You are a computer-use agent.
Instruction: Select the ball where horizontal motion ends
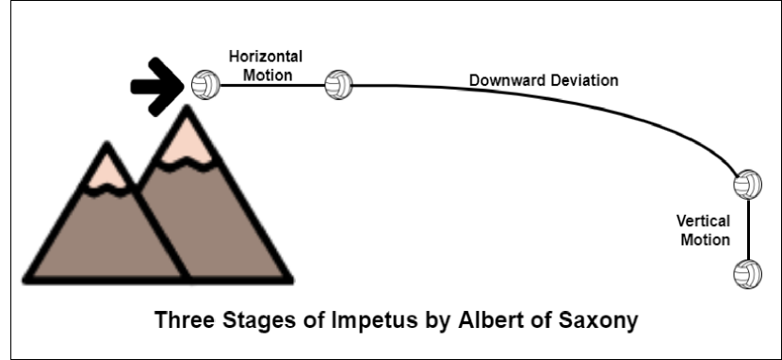click(x=337, y=86)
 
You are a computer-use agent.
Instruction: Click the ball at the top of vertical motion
click(x=747, y=183)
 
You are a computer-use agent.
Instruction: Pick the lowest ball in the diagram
click(x=747, y=273)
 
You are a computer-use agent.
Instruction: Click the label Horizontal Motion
click(x=265, y=65)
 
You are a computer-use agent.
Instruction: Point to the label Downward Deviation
click(x=544, y=80)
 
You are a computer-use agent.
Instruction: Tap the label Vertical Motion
click(x=704, y=230)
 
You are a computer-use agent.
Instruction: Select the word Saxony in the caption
click(x=599, y=320)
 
